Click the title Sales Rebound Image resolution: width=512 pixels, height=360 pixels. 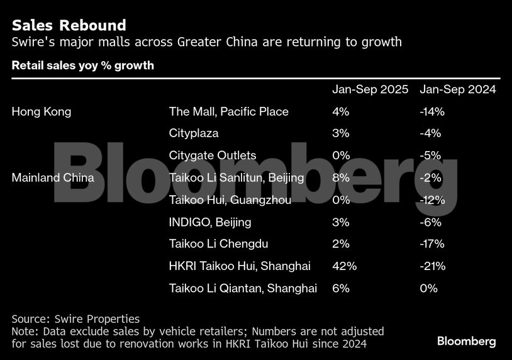coord(69,25)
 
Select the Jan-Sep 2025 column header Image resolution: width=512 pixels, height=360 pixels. coord(370,89)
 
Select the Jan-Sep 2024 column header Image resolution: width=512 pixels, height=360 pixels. coord(457,89)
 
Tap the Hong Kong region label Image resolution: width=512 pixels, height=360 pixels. coord(42,111)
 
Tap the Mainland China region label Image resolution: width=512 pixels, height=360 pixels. coord(53,177)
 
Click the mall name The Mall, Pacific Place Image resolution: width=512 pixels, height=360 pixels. coord(228,111)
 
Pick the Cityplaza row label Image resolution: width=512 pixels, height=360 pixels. coord(194,133)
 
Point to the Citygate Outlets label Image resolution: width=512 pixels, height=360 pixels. coord(213,155)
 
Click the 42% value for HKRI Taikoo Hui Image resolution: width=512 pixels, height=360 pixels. coord(344,266)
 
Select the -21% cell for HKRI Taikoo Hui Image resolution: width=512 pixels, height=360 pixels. coord(432,266)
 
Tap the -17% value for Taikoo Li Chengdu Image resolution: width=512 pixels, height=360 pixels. coord(432,244)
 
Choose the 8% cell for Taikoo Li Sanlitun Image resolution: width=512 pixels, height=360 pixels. coord(341,177)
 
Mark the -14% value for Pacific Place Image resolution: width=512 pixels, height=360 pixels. coord(432,111)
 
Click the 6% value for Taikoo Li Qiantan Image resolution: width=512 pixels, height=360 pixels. coord(341,288)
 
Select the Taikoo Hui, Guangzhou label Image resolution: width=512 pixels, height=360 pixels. coord(230,200)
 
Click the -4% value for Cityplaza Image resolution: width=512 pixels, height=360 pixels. coord(430,133)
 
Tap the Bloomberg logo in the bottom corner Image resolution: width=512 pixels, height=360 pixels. coord(466,341)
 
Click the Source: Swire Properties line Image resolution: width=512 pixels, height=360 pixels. coord(75,319)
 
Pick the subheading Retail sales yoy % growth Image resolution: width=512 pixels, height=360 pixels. coord(83,65)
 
